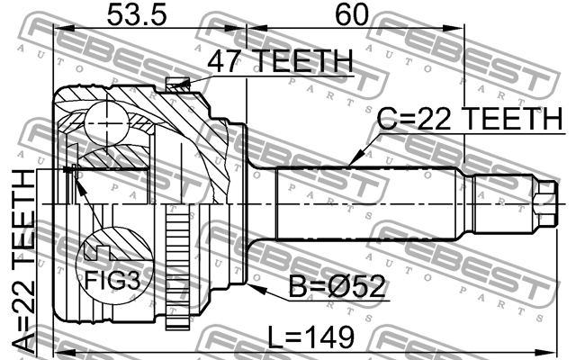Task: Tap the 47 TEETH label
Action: [x=279, y=61]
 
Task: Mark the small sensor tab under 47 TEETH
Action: [x=177, y=85]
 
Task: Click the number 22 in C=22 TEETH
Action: [x=436, y=120]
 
